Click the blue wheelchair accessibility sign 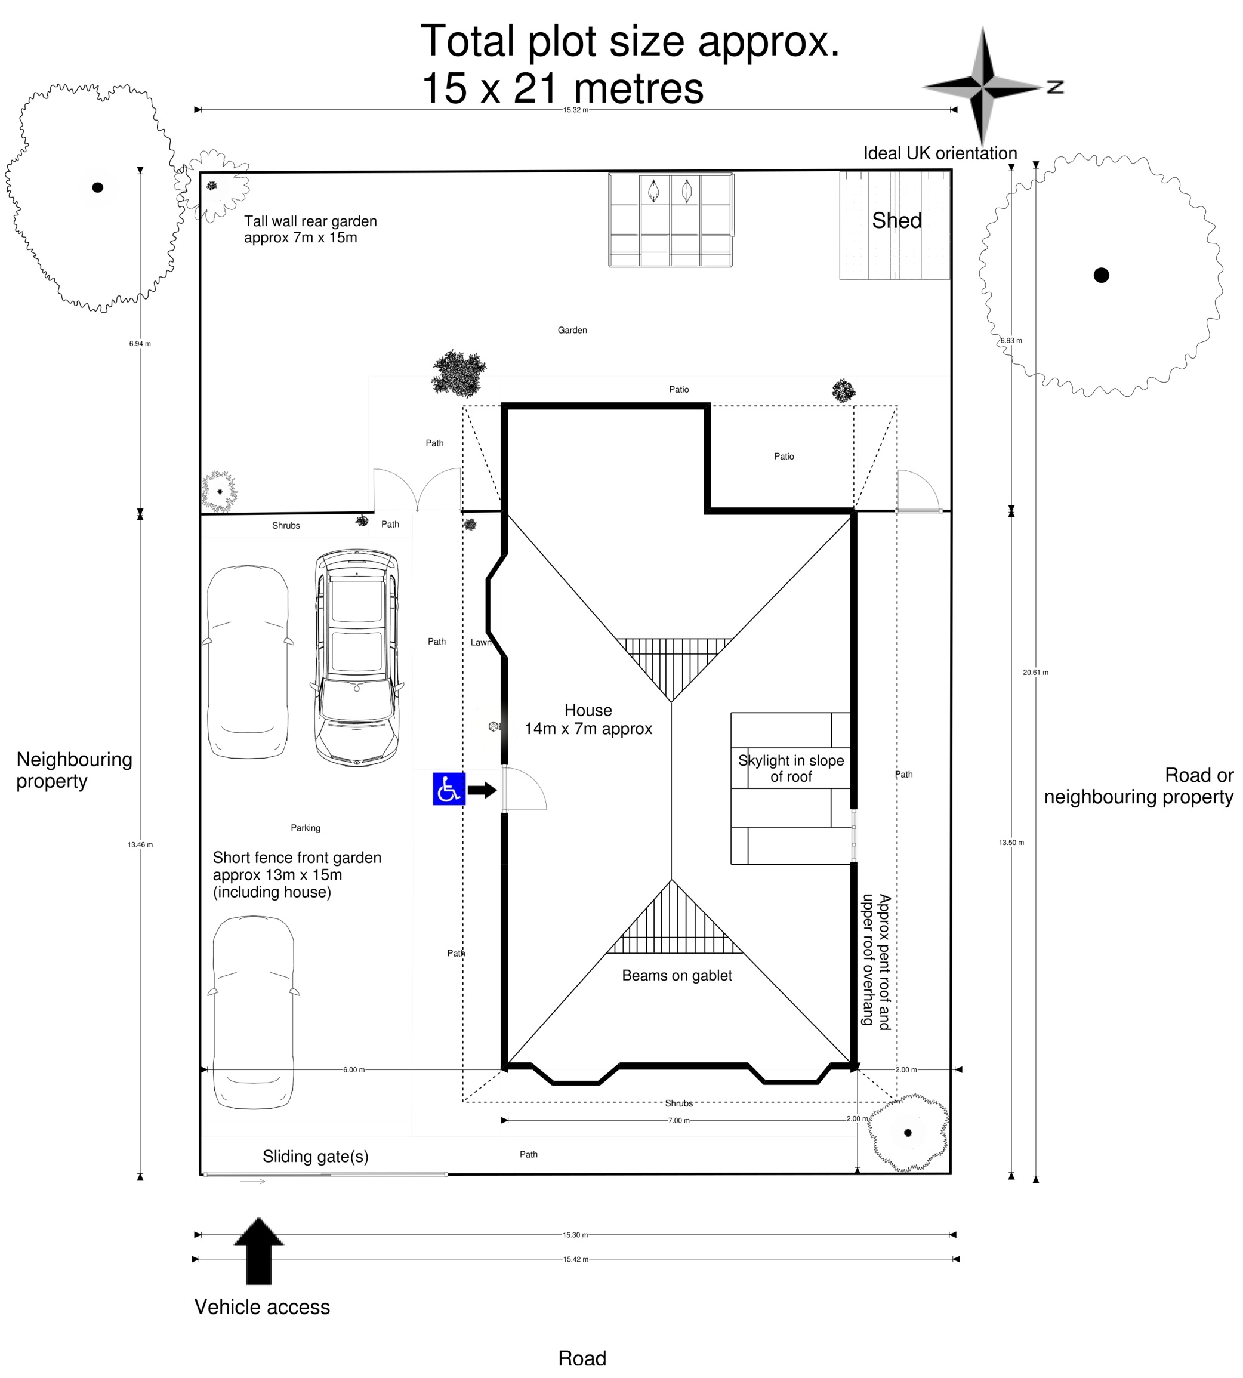449,789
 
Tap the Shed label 896,221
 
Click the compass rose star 982,87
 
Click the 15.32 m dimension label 575,110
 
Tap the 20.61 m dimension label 1035,673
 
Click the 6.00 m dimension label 354,1070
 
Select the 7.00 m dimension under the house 678,1121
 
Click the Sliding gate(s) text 316,1156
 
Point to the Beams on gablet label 676,975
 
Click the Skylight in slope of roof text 790,768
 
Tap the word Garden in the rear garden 572,331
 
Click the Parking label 306,828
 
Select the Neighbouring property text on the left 74,770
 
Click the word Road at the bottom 582,1358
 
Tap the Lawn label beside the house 480,643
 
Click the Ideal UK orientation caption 940,153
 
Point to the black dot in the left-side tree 98,187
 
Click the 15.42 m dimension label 575,1259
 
